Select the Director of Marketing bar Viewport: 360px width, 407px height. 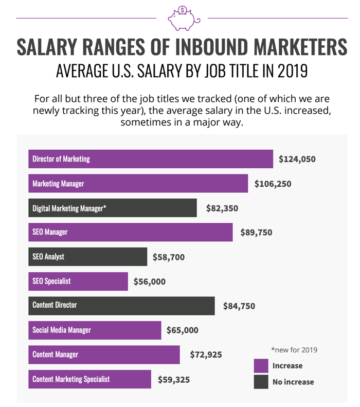point(150,159)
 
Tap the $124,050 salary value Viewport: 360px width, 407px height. point(297,159)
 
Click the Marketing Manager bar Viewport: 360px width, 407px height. point(138,184)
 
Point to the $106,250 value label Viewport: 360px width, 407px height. point(273,184)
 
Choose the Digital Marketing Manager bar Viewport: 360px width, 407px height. point(112,208)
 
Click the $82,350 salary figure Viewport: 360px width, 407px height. point(222,208)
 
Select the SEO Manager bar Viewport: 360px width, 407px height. point(130,232)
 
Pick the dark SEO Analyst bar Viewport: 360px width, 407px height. point(87,256)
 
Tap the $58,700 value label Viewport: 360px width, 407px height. point(168,257)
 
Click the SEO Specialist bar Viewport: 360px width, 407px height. point(78,281)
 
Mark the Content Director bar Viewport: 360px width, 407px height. point(121,305)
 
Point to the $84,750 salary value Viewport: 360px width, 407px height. point(239,306)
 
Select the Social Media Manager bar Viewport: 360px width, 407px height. point(94,330)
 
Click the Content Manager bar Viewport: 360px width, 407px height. point(103,355)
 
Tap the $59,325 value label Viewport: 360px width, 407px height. point(174,380)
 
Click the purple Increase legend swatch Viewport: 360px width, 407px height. point(261,366)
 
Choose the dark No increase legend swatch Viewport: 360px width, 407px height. point(261,382)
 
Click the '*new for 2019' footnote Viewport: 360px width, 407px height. point(294,350)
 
